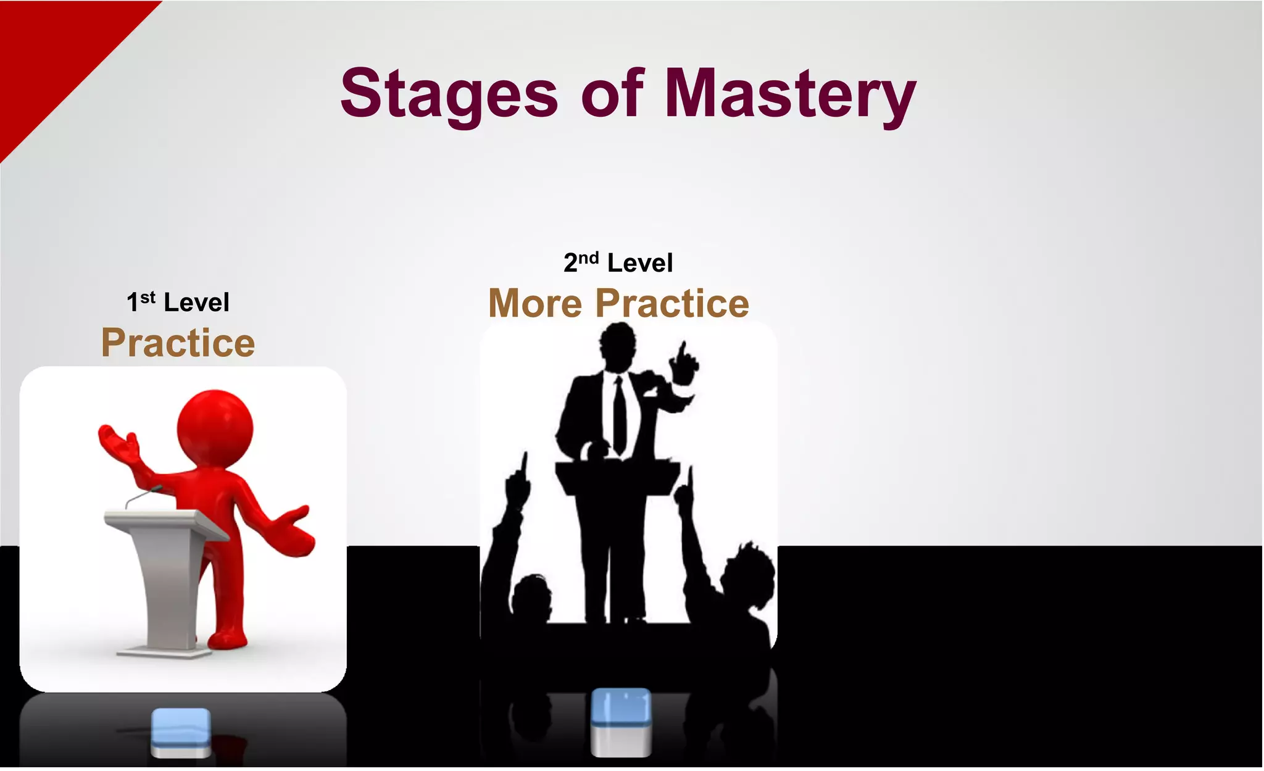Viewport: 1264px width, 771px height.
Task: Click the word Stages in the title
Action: (449, 94)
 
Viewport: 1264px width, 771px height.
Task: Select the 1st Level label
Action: (178, 302)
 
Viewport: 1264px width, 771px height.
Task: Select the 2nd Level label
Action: (618, 263)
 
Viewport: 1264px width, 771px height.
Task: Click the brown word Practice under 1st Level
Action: (178, 343)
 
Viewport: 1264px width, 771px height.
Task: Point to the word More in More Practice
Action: (535, 304)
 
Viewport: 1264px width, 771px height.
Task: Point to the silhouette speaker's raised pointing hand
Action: (683, 363)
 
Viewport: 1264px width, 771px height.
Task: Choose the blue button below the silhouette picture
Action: (620, 721)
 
